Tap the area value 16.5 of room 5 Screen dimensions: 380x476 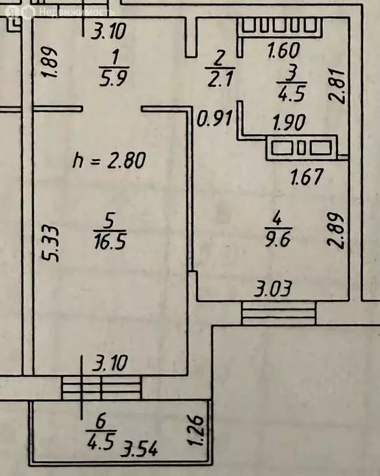(x=110, y=242)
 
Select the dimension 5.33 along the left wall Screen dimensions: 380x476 (x=50, y=243)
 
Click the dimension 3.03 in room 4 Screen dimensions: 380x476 (x=273, y=288)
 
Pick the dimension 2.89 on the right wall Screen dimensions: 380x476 (x=336, y=231)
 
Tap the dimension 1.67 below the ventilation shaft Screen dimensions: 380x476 (x=307, y=177)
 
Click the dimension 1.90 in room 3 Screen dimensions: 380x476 (x=289, y=123)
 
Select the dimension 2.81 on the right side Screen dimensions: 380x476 (x=337, y=87)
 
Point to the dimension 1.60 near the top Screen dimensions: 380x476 (x=284, y=50)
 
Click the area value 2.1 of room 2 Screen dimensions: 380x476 (x=220, y=79)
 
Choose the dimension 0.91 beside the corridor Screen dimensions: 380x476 (x=214, y=118)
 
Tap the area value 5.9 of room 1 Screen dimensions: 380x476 (x=114, y=78)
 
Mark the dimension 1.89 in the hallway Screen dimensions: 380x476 (x=50, y=62)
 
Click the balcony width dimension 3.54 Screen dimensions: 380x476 (x=139, y=449)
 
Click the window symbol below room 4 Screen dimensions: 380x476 (x=278, y=312)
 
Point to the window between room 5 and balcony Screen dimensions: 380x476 (x=102, y=387)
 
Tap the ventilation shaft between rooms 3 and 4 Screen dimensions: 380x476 (x=302, y=148)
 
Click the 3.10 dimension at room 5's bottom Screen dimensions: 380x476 (x=110, y=363)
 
